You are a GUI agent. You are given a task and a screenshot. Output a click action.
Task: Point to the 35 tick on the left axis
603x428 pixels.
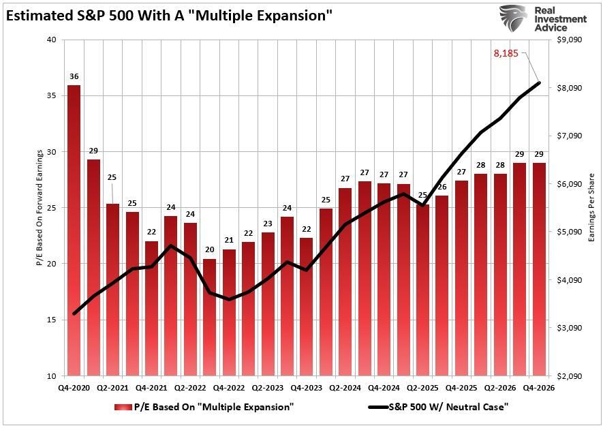pyautogui.click(x=52, y=96)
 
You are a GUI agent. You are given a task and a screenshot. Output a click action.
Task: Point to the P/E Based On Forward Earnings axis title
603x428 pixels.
pyautogui.click(x=39, y=207)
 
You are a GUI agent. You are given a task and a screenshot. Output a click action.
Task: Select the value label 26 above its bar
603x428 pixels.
pyautogui.click(x=442, y=187)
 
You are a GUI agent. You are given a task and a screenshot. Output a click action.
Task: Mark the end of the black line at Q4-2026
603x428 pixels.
pyautogui.click(x=539, y=83)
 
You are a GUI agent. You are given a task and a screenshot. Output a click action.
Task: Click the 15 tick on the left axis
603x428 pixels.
pyautogui.click(x=52, y=320)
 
